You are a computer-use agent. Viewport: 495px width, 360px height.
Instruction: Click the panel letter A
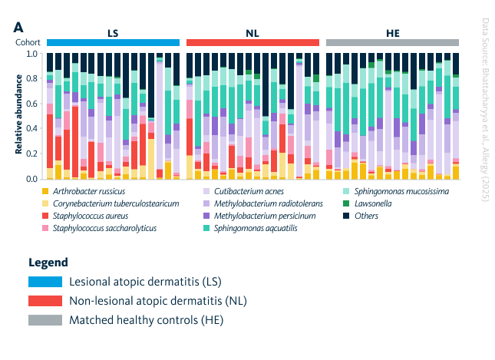(x=18, y=26)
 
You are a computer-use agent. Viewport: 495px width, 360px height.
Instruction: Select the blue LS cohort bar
(x=113, y=42)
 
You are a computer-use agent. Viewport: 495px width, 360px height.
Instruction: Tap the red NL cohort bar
(x=252, y=42)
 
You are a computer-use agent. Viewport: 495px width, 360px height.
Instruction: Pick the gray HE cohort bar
(x=392, y=42)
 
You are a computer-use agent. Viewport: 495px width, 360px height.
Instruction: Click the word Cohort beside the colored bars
(x=28, y=42)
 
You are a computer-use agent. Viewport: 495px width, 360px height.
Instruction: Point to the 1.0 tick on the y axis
(x=31, y=54)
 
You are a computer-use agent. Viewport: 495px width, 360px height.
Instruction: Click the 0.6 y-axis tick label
(x=31, y=104)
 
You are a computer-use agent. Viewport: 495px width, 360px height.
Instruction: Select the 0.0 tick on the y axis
(x=31, y=179)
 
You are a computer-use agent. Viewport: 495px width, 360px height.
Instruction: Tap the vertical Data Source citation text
(x=483, y=110)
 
